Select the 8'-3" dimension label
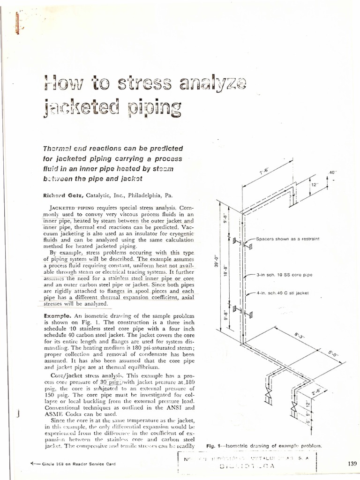click(x=299, y=337)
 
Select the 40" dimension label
click(x=333, y=172)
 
